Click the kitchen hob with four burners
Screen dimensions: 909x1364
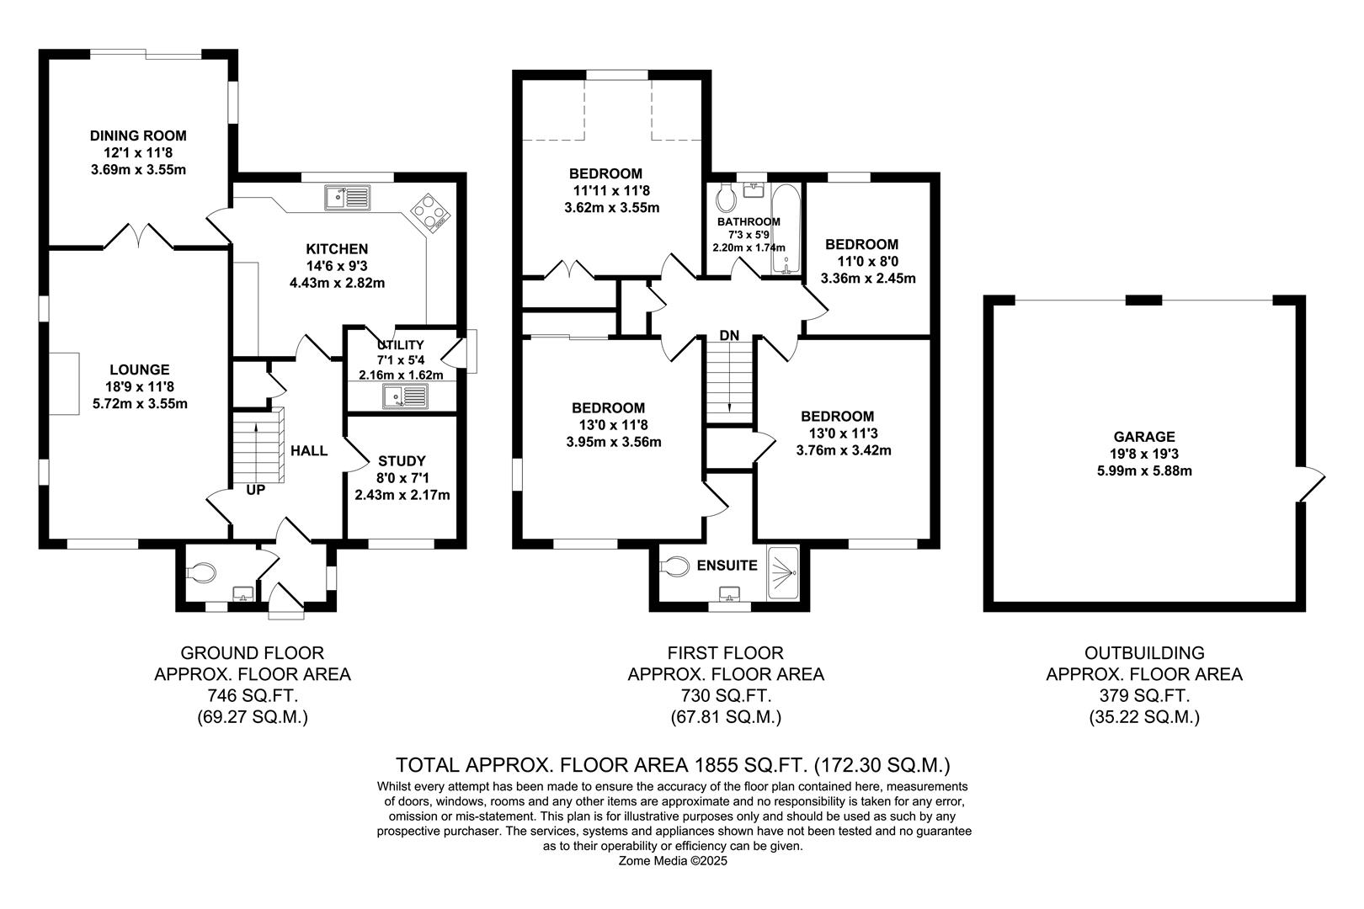point(430,212)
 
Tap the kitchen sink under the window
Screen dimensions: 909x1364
point(347,198)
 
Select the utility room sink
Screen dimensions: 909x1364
point(406,396)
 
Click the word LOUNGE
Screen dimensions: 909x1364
point(140,369)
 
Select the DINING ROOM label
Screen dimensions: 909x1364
point(138,136)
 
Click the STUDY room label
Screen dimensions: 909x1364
point(402,461)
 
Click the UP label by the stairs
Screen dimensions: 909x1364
point(255,489)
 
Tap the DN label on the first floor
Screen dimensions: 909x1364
point(729,336)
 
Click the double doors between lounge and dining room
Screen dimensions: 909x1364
point(138,237)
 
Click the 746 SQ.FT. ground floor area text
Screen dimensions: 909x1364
point(252,696)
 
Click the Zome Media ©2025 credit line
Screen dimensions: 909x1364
point(673,861)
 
